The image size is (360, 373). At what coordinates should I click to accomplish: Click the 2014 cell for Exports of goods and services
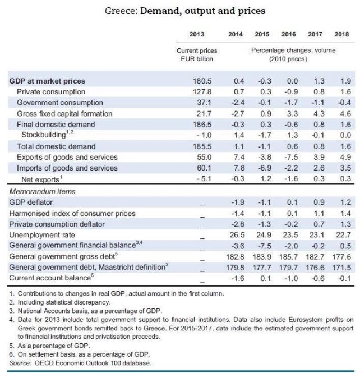click(x=239, y=157)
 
